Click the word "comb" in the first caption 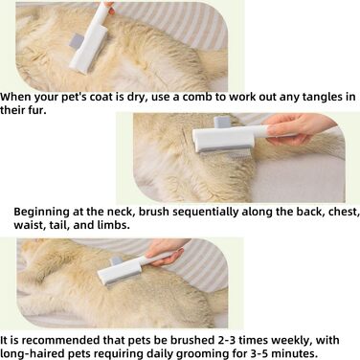(x=196, y=97)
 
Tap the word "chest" (x=343, y=212)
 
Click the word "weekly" (x=290, y=341)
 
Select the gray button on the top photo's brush (x=77, y=41)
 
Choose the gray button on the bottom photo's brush (x=116, y=261)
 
